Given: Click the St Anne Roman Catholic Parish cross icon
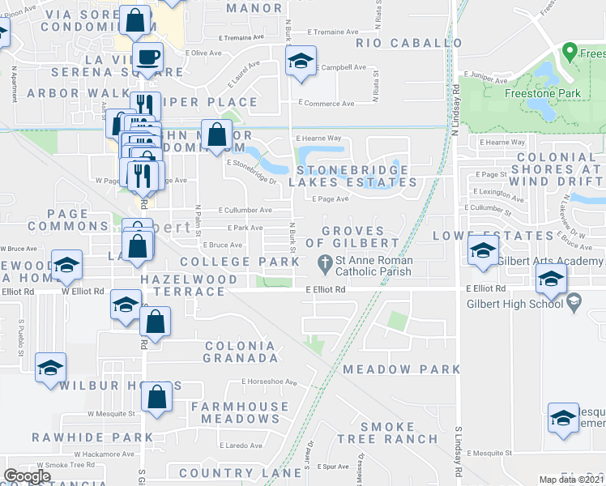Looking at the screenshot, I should click(x=324, y=262).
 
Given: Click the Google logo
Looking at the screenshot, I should click(x=27, y=476).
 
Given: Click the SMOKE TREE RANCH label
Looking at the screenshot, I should click(x=399, y=433).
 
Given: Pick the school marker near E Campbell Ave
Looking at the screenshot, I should click(x=301, y=62).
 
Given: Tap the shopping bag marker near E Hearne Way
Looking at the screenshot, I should click(x=217, y=134).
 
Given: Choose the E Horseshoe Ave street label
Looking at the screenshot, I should click(x=269, y=382).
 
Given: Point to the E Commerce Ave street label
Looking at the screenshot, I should click(x=326, y=104).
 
